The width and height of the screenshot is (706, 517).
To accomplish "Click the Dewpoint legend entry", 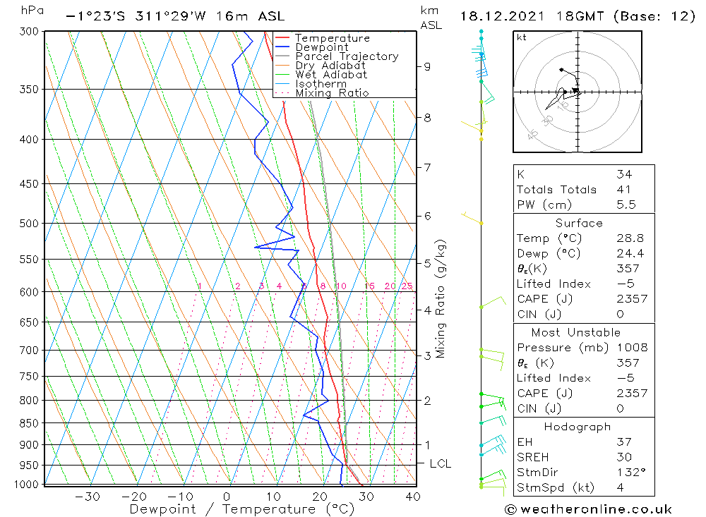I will [x=322, y=47].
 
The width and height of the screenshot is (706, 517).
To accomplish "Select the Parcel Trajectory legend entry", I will [x=347, y=56].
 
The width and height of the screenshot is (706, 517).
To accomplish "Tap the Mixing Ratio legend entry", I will [x=332, y=93].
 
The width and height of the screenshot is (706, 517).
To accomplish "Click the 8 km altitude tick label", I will [x=428, y=117].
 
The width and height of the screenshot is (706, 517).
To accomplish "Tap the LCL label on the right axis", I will [x=440, y=463].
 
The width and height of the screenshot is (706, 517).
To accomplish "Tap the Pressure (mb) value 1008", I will [x=630, y=348].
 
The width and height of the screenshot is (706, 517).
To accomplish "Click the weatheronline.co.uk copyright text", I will [x=588, y=509].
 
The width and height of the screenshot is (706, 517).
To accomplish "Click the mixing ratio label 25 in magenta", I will [x=407, y=286].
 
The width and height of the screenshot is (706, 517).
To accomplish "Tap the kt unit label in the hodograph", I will [x=521, y=37].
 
